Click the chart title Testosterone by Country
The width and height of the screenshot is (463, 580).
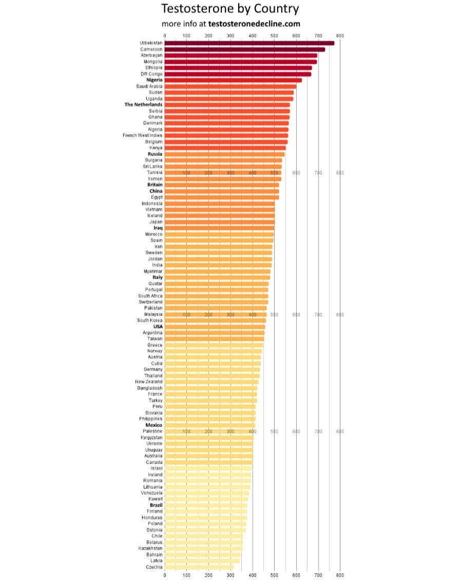230,9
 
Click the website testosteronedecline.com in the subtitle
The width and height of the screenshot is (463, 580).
254,24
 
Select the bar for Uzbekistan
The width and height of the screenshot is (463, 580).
249,43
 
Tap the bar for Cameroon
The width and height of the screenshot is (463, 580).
244,49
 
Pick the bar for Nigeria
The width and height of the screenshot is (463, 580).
233,80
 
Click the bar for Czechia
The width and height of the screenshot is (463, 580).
199,567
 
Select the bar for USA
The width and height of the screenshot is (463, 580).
215,327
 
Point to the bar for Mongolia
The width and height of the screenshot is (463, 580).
240,61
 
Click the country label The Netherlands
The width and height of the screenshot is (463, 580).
144,104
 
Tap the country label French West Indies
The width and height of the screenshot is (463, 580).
143,135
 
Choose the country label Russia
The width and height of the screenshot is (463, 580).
155,154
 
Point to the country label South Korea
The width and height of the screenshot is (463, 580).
150,320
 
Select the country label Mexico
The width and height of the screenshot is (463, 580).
154,425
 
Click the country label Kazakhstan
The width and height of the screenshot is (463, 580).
150,548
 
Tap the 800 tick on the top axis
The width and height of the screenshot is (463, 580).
340,35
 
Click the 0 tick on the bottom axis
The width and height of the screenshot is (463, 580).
165,575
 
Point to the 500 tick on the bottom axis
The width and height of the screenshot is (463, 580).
274,575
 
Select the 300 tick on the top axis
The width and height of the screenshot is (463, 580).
230,35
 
